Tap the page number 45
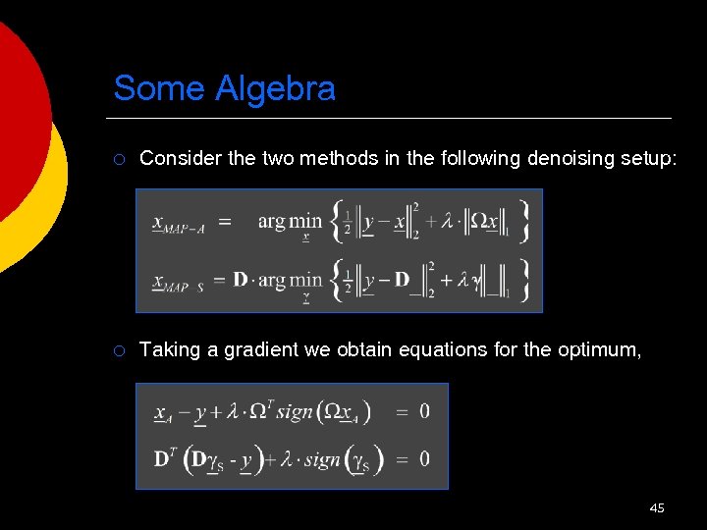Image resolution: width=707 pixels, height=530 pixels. [x=657, y=507]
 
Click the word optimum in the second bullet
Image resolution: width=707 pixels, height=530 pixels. [x=601, y=349]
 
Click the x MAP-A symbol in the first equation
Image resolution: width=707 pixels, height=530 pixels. [x=178, y=225]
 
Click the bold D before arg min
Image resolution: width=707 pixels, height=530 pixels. [x=241, y=280]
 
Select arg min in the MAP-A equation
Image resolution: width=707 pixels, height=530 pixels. [x=290, y=222]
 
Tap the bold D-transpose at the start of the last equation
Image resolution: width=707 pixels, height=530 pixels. [x=163, y=458]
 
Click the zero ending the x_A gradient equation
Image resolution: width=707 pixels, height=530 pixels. [x=424, y=411]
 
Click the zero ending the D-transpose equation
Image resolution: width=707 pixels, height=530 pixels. [x=424, y=458]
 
